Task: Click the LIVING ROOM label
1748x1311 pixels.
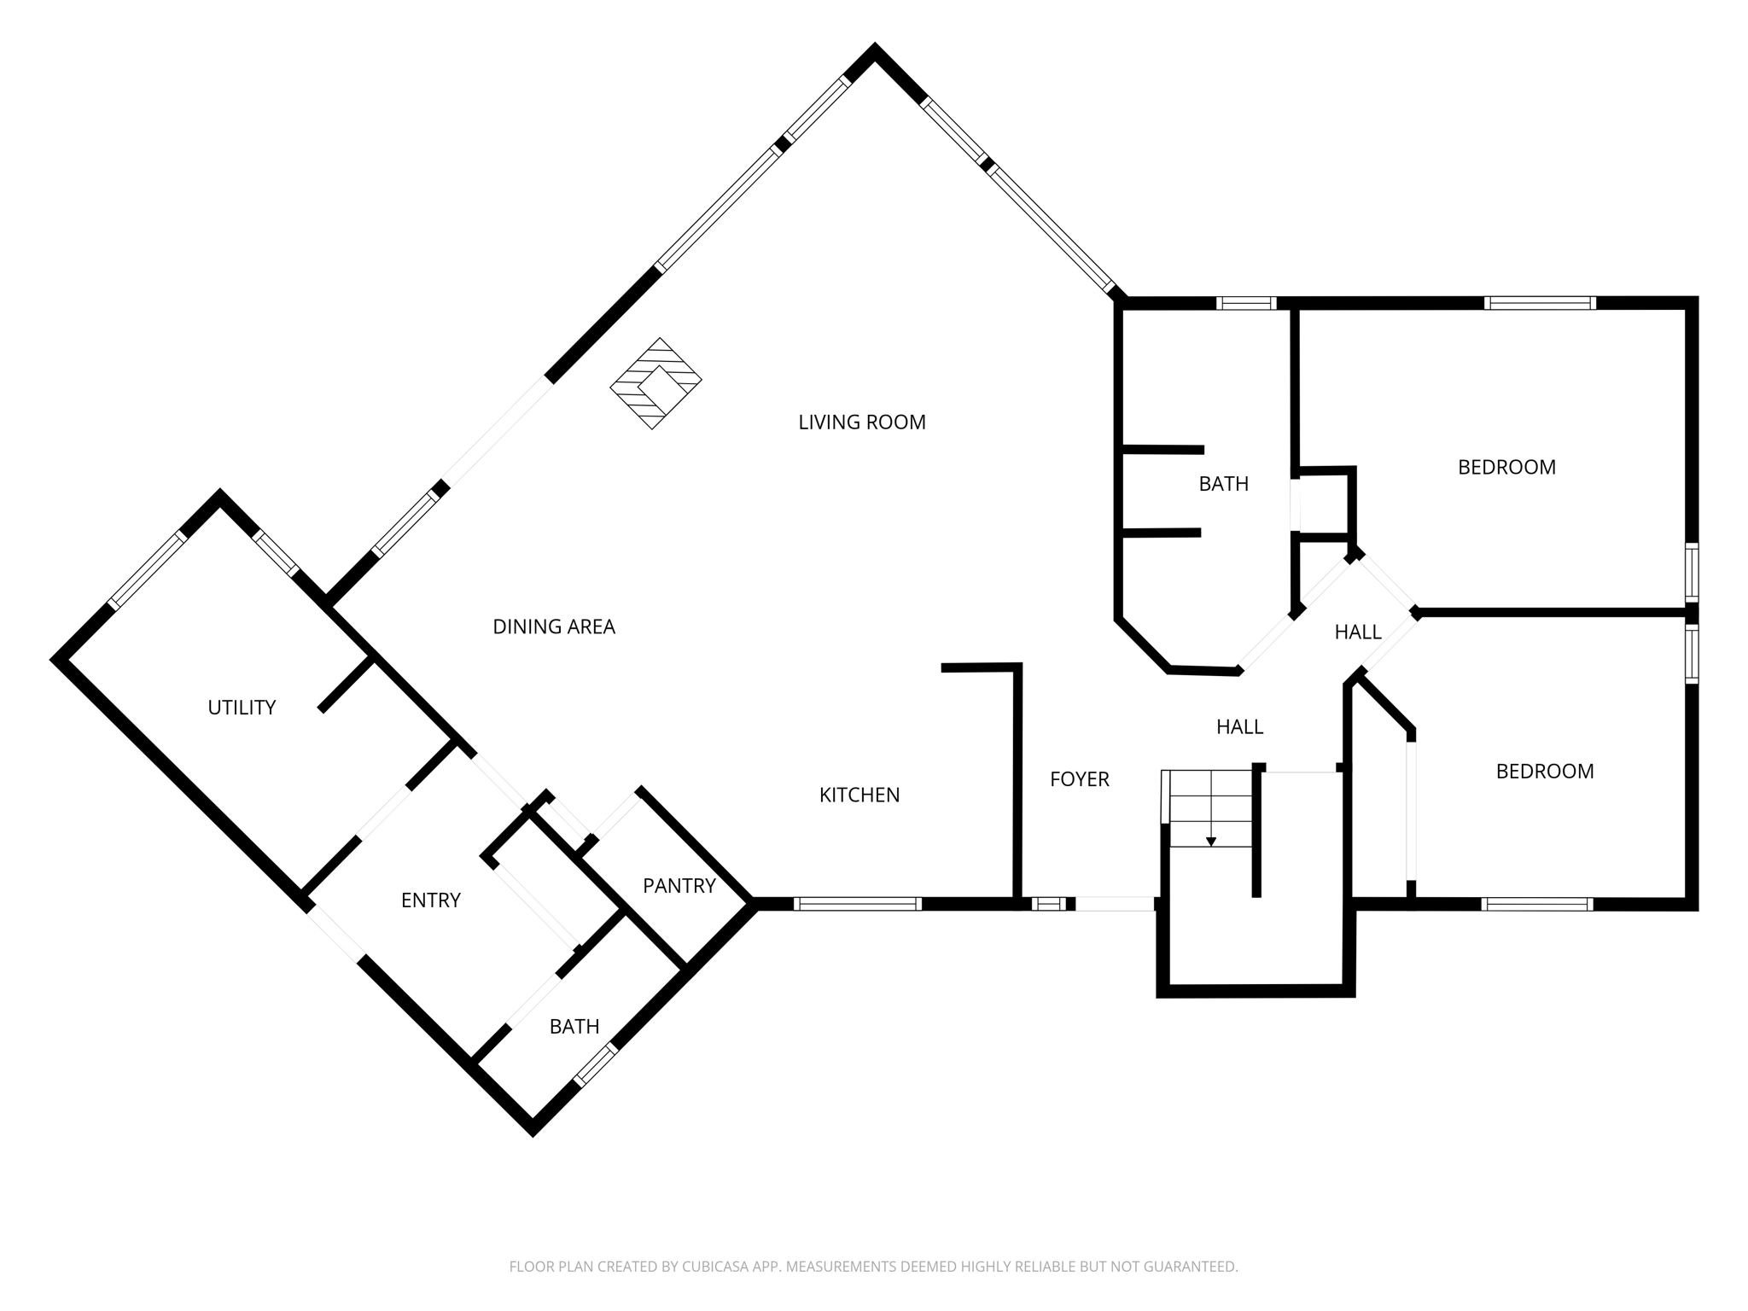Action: click(861, 422)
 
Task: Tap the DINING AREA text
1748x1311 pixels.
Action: click(553, 627)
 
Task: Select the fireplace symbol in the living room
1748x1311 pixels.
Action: click(655, 383)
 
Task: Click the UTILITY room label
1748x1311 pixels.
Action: click(242, 708)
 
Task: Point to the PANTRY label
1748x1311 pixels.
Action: click(679, 886)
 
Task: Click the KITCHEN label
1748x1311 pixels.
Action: click(859, 795)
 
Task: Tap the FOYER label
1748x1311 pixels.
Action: click(1079, 779)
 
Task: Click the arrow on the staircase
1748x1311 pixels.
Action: click(1210, 842)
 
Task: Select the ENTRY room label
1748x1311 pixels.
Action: click(430, 900)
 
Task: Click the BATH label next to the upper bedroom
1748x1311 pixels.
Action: click(1223, 484)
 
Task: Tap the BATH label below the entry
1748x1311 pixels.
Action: click(574, 1027)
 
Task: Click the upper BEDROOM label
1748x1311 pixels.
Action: click(1506, 468)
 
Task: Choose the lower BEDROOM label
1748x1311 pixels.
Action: click(1544, 772)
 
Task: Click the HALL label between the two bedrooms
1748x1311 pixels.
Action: click(1357, 632)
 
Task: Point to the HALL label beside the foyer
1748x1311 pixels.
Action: click(1239, 727)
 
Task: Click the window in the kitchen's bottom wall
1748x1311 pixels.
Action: click(857, 904)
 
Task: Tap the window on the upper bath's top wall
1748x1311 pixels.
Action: click(1245, 303)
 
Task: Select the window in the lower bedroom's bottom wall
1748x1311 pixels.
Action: click(1536, 904)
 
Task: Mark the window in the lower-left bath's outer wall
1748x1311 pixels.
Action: click(595, 1065)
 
